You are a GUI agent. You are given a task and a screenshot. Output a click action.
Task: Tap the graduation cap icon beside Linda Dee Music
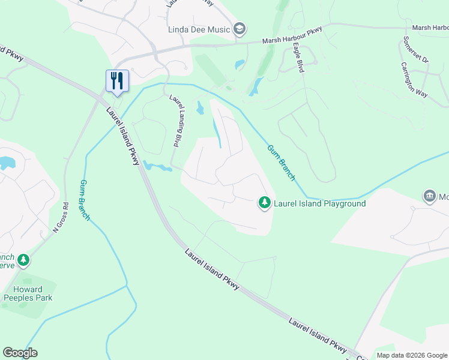click(x=240, y=29)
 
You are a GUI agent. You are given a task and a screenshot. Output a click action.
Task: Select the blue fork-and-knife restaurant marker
click(x=117, y=80)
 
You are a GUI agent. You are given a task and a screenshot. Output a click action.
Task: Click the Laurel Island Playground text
click(x=319, y=203)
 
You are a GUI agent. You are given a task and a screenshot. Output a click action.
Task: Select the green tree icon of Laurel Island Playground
click(x=264, y=203)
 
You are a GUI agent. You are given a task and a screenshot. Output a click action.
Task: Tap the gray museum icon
click(x=430, y=196)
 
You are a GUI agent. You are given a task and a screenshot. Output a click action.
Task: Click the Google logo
click(x=20, y=353)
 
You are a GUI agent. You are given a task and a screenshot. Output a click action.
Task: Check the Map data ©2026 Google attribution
click(x=412, y=355)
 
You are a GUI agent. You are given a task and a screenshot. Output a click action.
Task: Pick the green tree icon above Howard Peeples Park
click(x=23, y=260)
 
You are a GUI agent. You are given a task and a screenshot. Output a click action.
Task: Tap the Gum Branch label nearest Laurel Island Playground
click(x=281, y=163)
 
